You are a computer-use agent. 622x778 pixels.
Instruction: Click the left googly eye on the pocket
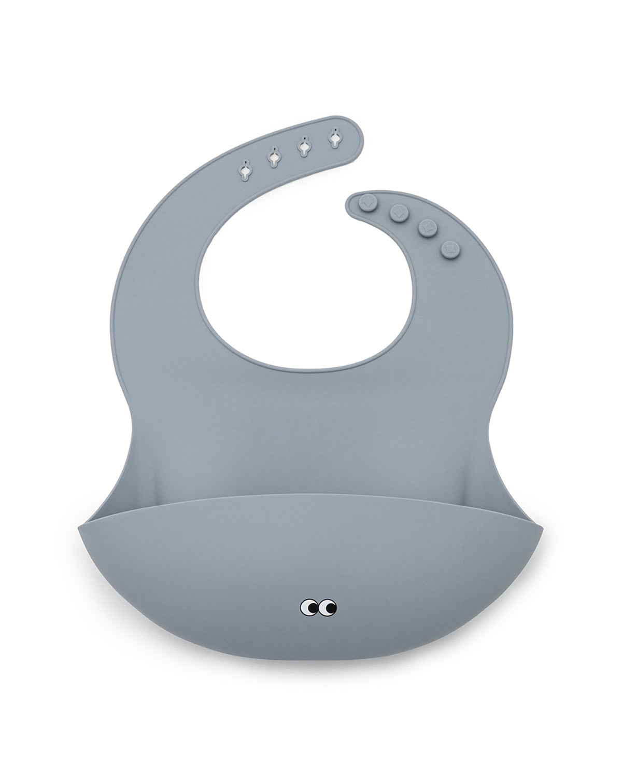point(309,606)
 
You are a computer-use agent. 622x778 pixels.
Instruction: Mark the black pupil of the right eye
point(331,605)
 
